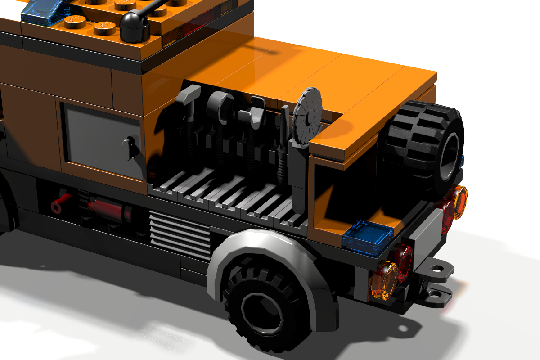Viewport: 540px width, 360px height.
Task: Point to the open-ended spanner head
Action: [x=255, y=110]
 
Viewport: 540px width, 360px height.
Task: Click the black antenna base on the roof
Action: [x=134, y=27]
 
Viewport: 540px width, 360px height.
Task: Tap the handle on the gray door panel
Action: [x=130, y=148]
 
